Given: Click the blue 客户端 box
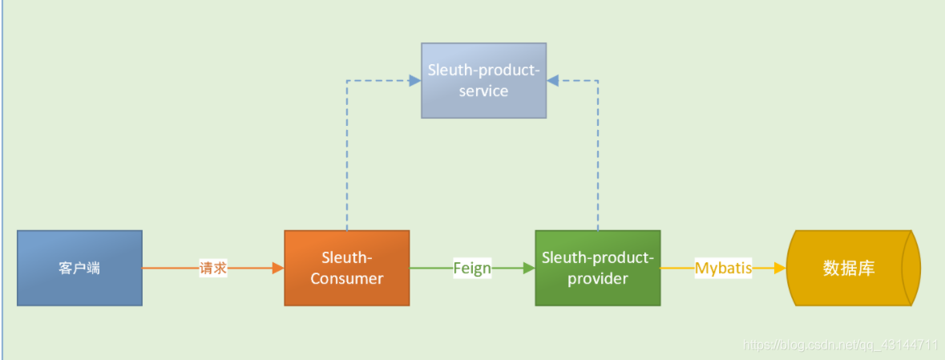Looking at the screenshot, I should (x=79, y=268).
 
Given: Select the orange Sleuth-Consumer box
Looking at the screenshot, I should (x=346, y=268).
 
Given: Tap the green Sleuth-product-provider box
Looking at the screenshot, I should (x=597, y=268).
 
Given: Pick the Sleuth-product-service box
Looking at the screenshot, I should (x=483, y=80).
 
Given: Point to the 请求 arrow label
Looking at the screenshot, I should (x=213, y=269).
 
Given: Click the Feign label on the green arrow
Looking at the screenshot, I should (x=472, y=269).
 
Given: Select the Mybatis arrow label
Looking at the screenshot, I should (x=723, y=269).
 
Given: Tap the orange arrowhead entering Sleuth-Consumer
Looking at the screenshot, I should (x=279, y=269).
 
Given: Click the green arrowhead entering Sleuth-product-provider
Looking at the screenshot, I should (x=529, y=269).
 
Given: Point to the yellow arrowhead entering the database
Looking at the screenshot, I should (x=780, y=269).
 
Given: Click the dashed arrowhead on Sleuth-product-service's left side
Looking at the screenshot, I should (x=415, y=80).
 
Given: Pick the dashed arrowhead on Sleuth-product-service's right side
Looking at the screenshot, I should (x=553, y=80).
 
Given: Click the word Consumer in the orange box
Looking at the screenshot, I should (x=347, y=279).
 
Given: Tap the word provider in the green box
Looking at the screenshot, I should (x=598, y=279).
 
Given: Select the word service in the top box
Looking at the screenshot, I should (x=483, y=91).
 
